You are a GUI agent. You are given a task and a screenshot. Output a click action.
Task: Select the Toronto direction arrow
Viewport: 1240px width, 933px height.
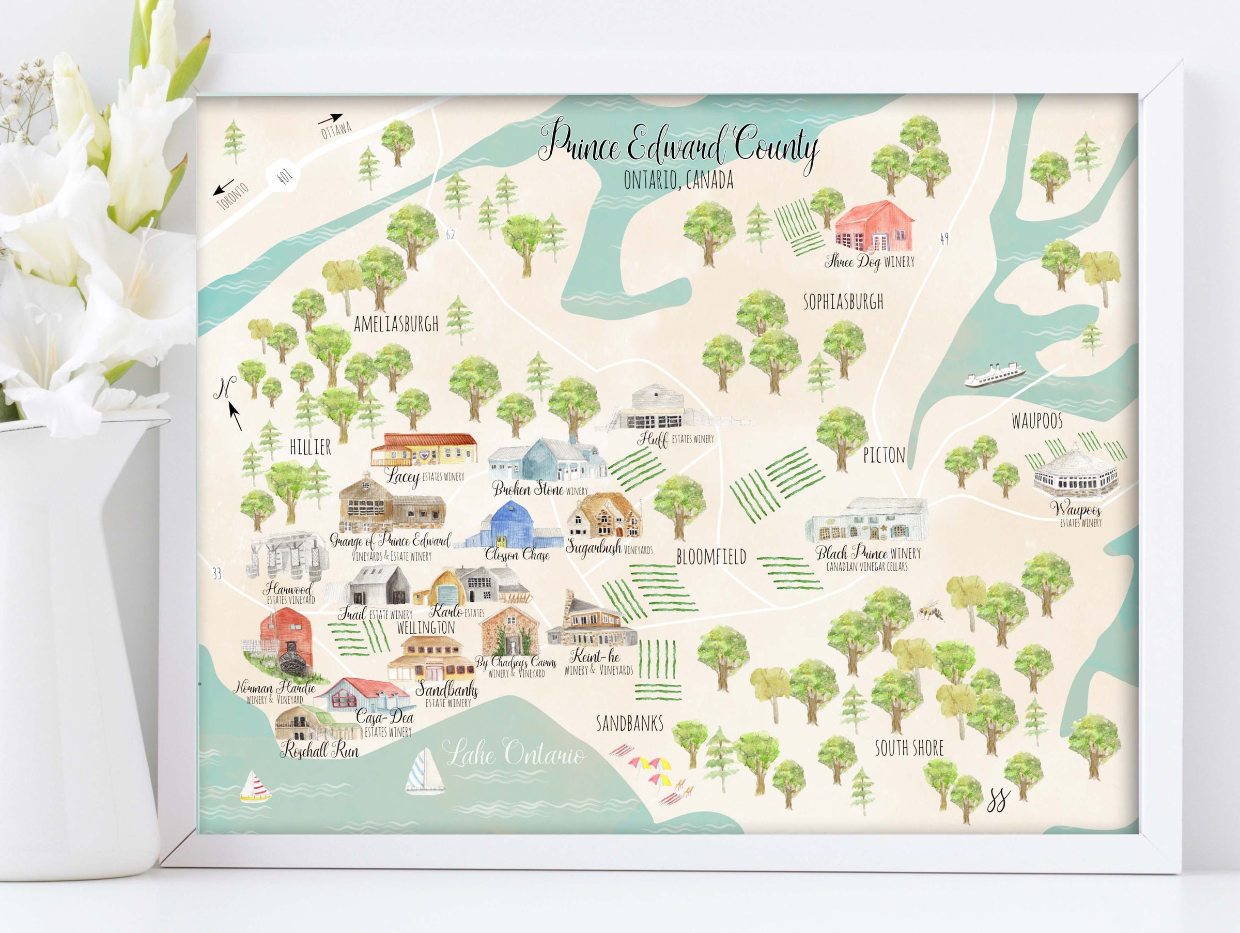pyautogui.click(x=224, y=187)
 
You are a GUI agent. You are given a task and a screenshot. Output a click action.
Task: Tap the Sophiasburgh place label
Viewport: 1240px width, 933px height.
pyautogui.click(x=843, y=302)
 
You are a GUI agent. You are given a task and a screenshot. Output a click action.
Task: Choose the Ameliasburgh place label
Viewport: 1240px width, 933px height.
pyautogui.click(x=396, y=324)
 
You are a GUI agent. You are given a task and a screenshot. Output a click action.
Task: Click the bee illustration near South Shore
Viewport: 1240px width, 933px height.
pyautogui.click(x=930, y=611)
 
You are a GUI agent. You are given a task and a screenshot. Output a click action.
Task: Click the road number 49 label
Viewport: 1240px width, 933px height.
pyautogui.click(x=944, y=239)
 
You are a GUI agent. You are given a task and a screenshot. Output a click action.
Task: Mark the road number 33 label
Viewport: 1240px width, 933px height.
pyautogui.click(x=216, y=573)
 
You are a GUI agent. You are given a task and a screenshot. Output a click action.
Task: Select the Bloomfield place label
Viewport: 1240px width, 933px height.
pyautogui.click(x=711, y=557)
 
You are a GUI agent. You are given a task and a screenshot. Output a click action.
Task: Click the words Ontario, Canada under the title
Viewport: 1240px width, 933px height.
pyautogui.click(x=678, y=180)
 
